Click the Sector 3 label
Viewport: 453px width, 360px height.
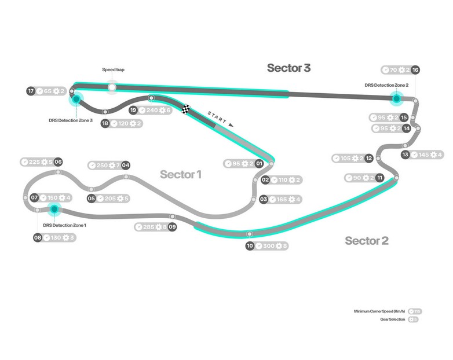click(x=288, y=68)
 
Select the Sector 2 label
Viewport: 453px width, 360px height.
click(x=366, y=240)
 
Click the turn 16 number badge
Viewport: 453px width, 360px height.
click(x=415, y=70)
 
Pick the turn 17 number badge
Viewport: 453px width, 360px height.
click(x=31, y=91)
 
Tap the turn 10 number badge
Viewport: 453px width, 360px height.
click(x=250, y=246)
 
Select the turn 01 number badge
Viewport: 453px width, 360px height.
click(x=260, y=164)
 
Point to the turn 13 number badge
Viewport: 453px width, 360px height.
click(x=405, y=155)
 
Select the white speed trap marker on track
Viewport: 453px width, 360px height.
click(x=112, y=87)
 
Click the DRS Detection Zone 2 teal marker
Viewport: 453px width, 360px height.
click(x=397, y=98)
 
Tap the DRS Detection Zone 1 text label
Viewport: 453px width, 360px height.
click(x=64, y=225)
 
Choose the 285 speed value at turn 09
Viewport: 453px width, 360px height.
click(x=148, y=227)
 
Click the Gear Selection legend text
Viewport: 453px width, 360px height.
click(x=390, y=319)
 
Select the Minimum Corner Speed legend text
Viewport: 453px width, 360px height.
click(x=379, y=311)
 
